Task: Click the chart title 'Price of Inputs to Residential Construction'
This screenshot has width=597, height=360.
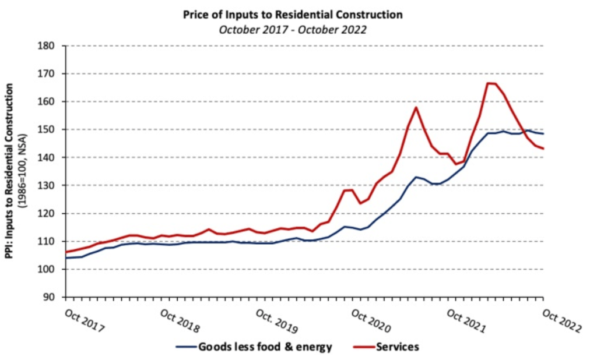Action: (x=292, y=13)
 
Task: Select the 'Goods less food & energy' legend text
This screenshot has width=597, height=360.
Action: (x=265, y=347)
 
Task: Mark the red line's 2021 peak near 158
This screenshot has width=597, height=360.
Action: (x=416, y=107)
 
